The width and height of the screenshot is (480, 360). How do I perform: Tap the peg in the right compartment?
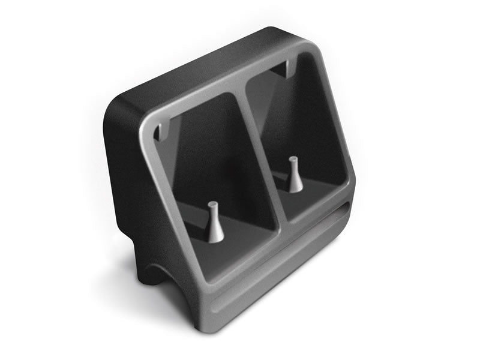pos(294,175)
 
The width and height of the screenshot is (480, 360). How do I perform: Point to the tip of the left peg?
pos(213,205)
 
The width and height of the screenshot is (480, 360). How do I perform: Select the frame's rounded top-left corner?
pos(147,123)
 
